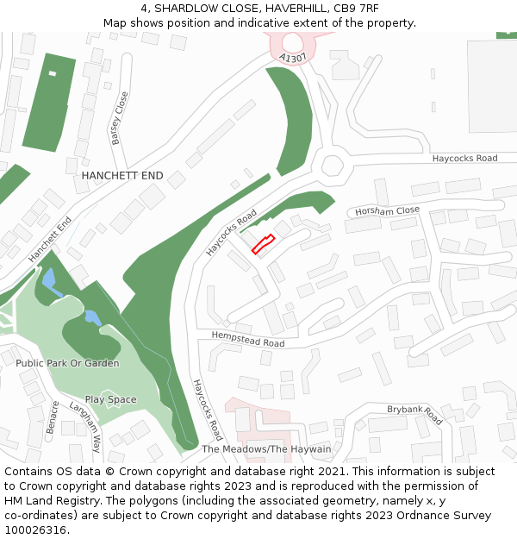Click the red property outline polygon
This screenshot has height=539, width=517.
pyautogui.click(x=263, y=244)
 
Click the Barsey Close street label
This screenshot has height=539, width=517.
pyautogui.click(x=119, y=118)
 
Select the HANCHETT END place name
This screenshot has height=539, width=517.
pyautogui.click(x=121, y=176)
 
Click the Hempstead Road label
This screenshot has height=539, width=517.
pyautogui.click(x=249, y=338)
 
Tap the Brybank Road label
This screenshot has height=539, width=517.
pyautogui.click(x=414, y=414)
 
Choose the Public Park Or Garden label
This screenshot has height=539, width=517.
pyautogui.click(x=67, y=363)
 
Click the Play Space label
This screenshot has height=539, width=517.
pyautogui.click(x=110, y=399)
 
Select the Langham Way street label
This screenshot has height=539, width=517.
pyautogui.click(x=85, y=428)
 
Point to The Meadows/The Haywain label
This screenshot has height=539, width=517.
pyautogui.click(x=266, y=449)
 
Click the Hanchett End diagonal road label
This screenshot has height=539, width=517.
pyautogui.click(x=50, y=240)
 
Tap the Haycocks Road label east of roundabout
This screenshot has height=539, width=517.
pyautogui.click(x=464, y=159)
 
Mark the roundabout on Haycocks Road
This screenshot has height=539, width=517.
pyautogui.click(x=332, y=166)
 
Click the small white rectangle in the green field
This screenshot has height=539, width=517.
pyautogui.click(x=52, y=73)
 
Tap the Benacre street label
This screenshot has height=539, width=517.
pyautogui.click(x=53, y=417)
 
